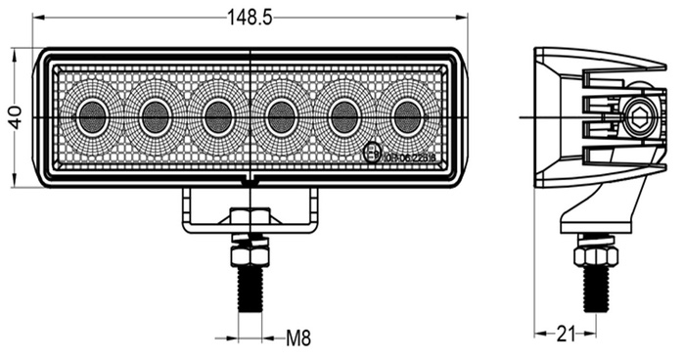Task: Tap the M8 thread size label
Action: [298, 339]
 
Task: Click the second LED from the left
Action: [155, 117]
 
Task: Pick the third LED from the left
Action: [217, 117]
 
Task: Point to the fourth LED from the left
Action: [282, 117]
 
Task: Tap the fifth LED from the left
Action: [343, 117]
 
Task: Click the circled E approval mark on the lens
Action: [372, 153]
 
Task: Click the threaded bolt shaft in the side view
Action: [596, 287]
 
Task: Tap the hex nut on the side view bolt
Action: [596, 254]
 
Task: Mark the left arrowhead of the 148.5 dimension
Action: [37, 18]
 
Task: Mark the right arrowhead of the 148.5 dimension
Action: [462, 18]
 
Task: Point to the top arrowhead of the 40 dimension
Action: [15, 52]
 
